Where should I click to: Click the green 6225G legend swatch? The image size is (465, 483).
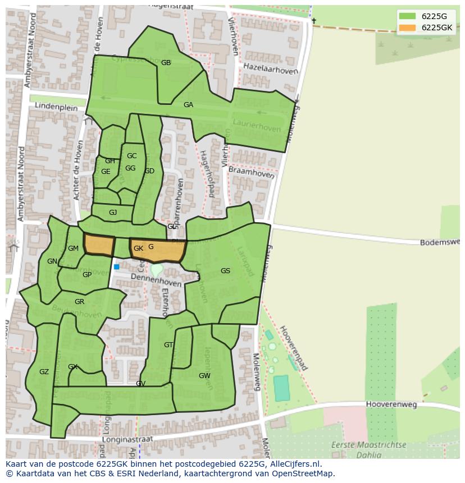[x=407, y=16]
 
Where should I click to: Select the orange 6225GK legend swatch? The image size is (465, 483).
[x=407, y=27]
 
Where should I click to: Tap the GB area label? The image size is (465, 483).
[x=166, y=63]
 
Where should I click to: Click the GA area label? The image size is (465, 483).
[x=188, y=105]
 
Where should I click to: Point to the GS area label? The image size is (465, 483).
[x=225, y=271]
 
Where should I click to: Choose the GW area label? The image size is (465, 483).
[x=204, y=376]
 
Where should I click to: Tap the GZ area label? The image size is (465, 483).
[x=44, y=372]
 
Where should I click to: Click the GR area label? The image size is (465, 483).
[x=79, y=302]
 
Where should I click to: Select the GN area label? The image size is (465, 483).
[x=52, y=261]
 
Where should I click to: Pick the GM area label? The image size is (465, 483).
[x=73, y=249]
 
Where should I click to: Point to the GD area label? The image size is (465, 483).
[x=149, y=171]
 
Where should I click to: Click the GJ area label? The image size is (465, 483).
[x=113, y=213]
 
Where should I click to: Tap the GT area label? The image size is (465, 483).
[x=168, y=345]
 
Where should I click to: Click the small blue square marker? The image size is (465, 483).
[x=117, y=267]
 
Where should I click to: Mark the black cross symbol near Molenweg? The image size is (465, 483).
[x=314, y=21]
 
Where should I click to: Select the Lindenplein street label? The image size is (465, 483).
[x=56, y=105]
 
